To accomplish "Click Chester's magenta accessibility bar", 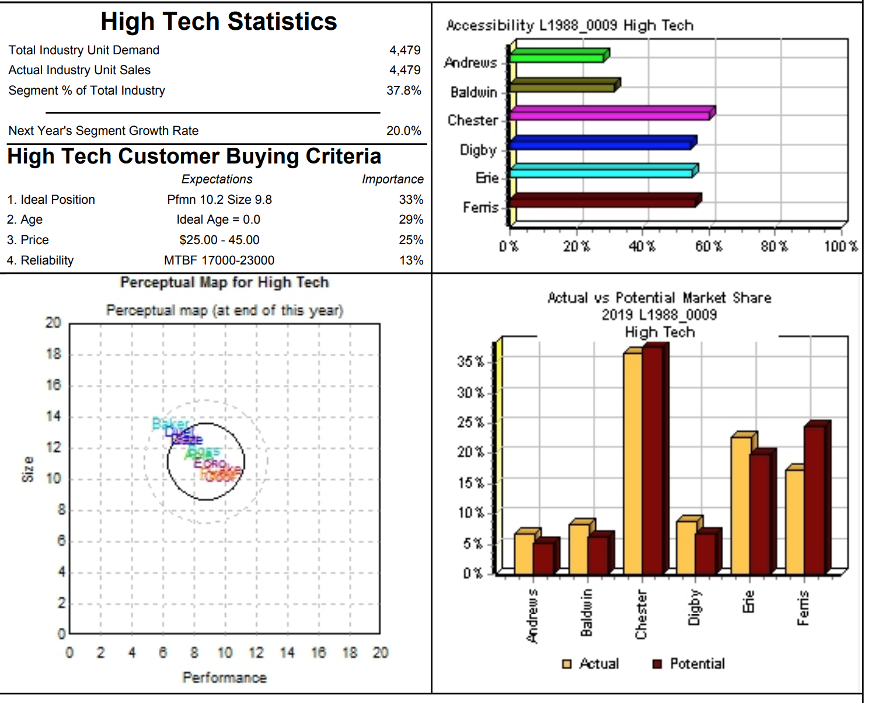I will click(x=610, y=114).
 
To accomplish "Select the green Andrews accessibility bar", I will click(x=557, y=57).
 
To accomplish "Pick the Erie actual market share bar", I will click(x=741, y=505).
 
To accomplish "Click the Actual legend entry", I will click(x=591, y=664).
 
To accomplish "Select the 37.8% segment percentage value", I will click(x=403, y=91).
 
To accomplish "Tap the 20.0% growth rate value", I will click(x=403, y=131).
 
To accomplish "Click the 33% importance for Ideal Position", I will click(x=411, y=200).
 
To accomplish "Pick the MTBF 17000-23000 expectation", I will click(x=219, y=260).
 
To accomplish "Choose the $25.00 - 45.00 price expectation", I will click(x=219, y=240).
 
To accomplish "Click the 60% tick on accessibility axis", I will click(x=708, y=246).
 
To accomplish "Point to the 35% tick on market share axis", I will click(x=470, y=361).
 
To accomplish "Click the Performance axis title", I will click(x=225, y=678).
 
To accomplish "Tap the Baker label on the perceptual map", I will click(x=170, y=423).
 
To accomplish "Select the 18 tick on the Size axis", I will click(x=53, y=354).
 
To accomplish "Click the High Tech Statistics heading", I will click(x=219, y=22).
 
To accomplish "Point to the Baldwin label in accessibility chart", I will click(x=473, y=92).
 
